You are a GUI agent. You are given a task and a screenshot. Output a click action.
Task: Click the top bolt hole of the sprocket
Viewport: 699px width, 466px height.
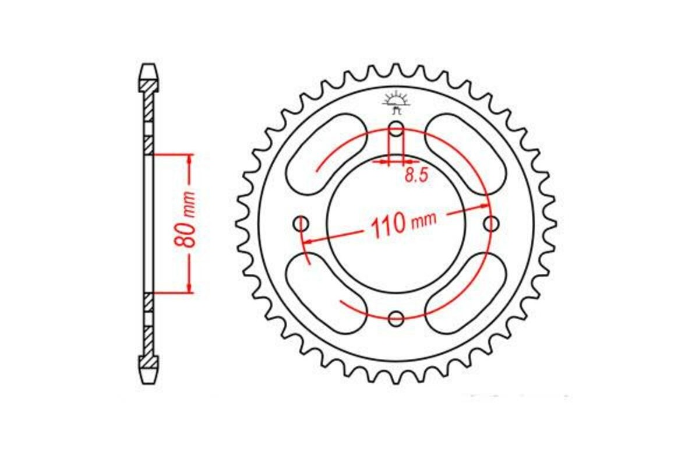pyautogui.click(x=396, y=128)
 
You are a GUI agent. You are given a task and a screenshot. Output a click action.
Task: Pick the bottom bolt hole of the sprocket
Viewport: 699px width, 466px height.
pyautogui.click(x=396, y=318)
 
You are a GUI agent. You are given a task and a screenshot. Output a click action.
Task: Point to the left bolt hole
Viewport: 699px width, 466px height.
pyautogui.click(x=301, y=223)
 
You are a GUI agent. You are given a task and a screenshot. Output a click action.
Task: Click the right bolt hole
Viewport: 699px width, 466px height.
pyautogui.click(x=492, y=223)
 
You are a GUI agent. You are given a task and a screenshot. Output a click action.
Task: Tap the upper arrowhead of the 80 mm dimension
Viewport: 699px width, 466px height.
pyautogui.click(x=189, y=158)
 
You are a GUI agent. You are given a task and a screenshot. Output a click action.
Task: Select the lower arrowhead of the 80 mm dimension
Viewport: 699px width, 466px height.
pyautogui.click(x=189, y=289)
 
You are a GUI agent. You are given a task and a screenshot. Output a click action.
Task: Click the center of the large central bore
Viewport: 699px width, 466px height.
pyautogui.click(x=396, y=224)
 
